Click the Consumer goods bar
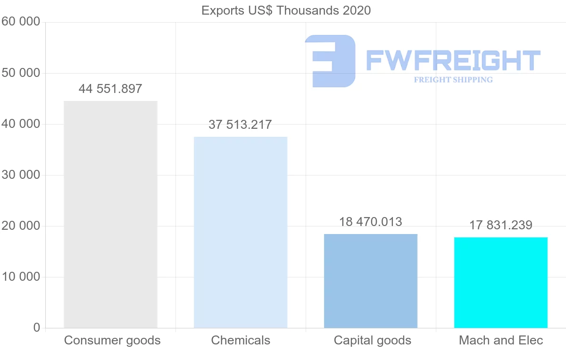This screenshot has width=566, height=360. click(110, 214)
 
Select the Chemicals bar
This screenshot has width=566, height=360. click(241, 232)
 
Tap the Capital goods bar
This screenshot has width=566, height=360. click(371, 281)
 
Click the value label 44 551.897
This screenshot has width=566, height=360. click(110, 89)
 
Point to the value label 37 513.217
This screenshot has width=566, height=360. click(240, 125)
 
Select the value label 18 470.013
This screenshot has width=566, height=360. click(371, 222)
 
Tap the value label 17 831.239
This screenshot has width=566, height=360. click(501, 226)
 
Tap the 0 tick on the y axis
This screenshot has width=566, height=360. click(37, 328)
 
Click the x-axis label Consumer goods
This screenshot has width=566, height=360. click(112, 340)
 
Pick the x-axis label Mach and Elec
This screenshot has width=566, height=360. click(501, 340)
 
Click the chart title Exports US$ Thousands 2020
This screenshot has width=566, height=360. click(286, 10)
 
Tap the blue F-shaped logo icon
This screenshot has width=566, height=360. click(330, 61)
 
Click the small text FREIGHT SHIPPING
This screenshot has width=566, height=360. click(453, 80)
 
